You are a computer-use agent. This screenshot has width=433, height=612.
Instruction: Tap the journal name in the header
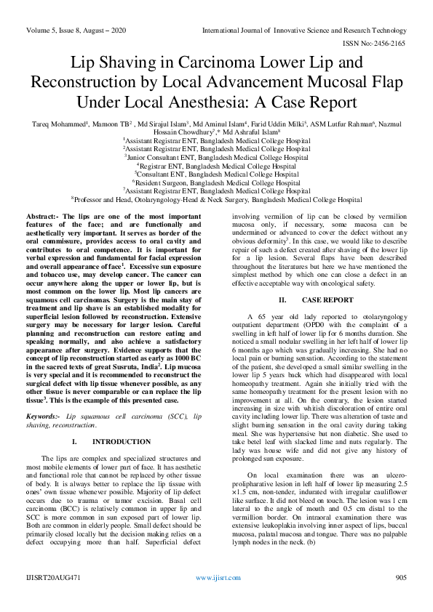tap(314, 30)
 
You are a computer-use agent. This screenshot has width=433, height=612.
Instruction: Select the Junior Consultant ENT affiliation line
tap(216, 157)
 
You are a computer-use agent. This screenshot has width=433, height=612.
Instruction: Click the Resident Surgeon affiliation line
tap(216, 183)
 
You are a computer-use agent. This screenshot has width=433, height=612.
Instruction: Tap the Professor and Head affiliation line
tap(216, 200)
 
